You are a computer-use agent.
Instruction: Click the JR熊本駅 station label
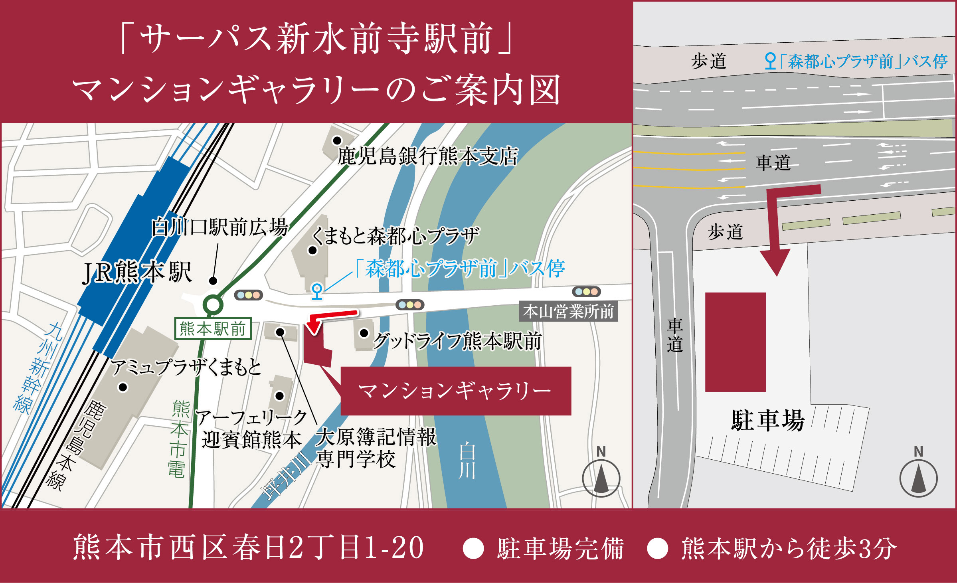point(137,273)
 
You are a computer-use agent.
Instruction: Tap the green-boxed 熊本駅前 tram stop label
point(213,329)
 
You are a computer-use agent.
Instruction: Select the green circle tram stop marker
point(213,305)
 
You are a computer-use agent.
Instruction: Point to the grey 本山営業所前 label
point(568,312)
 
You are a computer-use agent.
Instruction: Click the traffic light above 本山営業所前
point(586,292)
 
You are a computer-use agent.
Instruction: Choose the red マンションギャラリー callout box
point(455,391)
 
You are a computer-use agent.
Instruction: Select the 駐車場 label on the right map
point(767,420)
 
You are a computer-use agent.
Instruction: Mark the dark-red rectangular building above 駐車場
point(735,342)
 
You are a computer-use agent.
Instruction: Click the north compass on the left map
point(601,475)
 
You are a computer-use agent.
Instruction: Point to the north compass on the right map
point(918,475)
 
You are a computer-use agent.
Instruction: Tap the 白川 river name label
point(467,460)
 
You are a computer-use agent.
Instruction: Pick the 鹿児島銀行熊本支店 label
point(428,156)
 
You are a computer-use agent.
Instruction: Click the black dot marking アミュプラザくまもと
point(123,387)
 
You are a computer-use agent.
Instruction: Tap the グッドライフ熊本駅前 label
point(457,342)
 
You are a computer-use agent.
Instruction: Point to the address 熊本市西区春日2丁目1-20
point(248,548)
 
